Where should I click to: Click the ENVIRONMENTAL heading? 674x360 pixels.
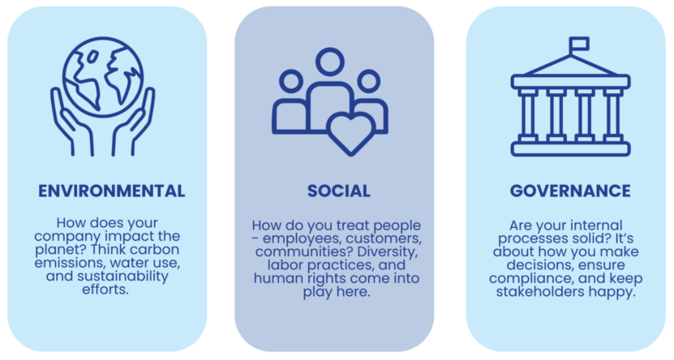pyautogui.click(x=112, y=191)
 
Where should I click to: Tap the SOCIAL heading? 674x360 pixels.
pyautogui.click(x=339, y=191)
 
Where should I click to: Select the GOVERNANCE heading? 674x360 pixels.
pyautogui.click(x=570, y=191)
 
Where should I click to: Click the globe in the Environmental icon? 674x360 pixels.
pyautogui.click(x=103, y=77)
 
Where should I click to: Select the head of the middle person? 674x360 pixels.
pyautogui.click(x=330, y=62)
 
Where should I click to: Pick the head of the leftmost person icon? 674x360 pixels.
pyautogui.click(x=291, y=81)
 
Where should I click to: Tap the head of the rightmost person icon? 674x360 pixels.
pyautogui.click(x=369, y=81)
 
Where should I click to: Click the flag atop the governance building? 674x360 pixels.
pyautogui.click(x=578, y=44)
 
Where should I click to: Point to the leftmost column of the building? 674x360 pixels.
pyautogui.click(x=528, y=115)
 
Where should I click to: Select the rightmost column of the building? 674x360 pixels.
pyautogui.click(x=612, y=115)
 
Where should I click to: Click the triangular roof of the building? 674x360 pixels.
pyautogui.click(x=570, y=66)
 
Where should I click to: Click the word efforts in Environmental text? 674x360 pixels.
pyautogui.click(x=105, y=289)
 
